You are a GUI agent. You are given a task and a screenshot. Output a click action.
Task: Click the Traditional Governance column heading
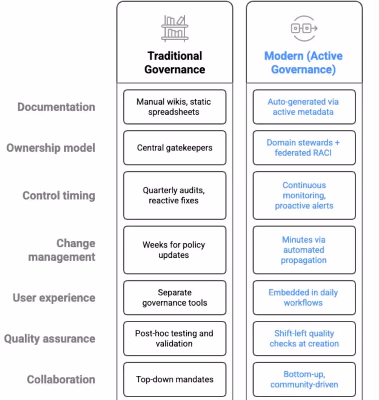(x=175, y=63)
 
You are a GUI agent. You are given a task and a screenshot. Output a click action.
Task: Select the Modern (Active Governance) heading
(x=304, y=63)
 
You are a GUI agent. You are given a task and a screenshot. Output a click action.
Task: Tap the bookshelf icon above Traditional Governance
(x=175, y=27)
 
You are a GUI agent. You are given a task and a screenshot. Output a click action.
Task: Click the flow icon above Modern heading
(x=304, y=28)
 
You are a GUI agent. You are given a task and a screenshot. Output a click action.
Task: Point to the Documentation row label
(x=56, y=107)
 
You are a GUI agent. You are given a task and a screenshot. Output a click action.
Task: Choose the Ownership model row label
(x=51, y=148)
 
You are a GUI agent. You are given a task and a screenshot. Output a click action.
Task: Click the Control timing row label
(x=59, y=196)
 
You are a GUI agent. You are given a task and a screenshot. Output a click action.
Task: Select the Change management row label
(x=62, y=250)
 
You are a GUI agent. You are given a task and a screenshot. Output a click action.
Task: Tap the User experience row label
(x=54, y=298)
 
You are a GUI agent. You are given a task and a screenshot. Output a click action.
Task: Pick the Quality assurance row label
(x=50, y=339)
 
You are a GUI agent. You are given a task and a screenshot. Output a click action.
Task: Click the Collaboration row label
(x=61, y=380)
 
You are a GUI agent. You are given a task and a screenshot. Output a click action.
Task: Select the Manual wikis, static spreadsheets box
(x=175, y=107)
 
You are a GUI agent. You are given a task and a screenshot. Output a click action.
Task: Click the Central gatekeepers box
(x=175, y=148)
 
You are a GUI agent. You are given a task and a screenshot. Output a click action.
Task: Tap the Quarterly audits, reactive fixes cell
(x=175, y=196)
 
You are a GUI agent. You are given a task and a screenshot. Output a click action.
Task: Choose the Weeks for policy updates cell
(x=175, y=250)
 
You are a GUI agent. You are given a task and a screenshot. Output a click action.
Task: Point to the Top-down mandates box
(x=175, y=380)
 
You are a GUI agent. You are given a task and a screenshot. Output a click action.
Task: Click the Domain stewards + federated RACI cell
(x=304, y=148)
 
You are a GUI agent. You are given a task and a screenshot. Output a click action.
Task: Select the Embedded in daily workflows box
(x=304, y=298)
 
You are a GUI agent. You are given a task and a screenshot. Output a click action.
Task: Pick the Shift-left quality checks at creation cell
(x=304, y=339)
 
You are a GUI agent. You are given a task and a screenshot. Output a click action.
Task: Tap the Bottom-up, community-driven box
(x=304, y=380)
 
